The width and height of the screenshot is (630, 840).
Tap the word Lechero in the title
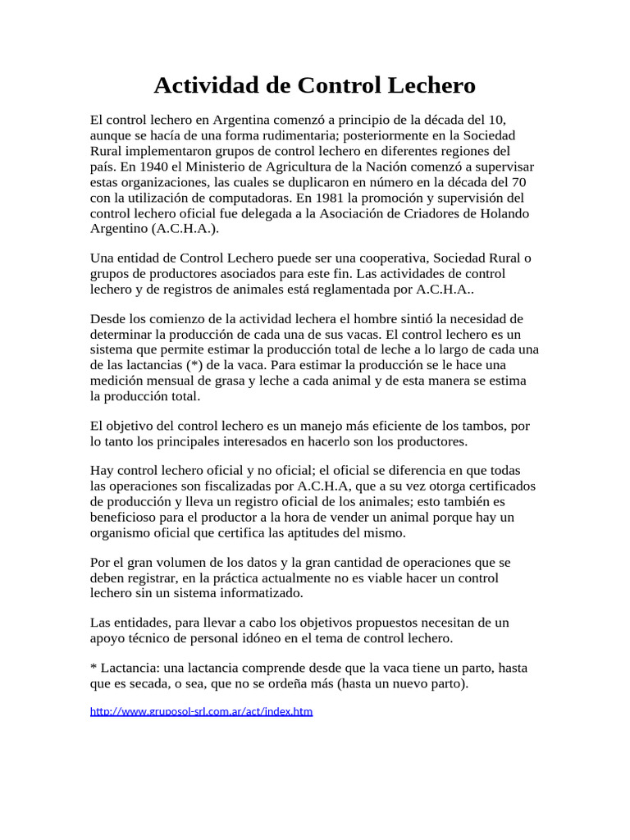click(x=431, y=85)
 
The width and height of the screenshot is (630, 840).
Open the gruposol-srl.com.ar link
click(x=201, y=711)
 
